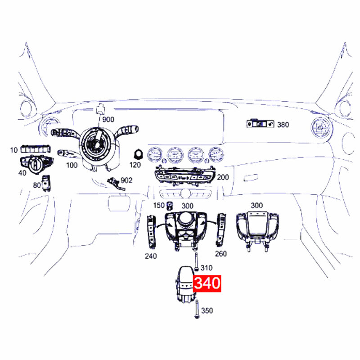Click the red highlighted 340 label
click(x=207, y=283)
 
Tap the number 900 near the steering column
click(x=108, y=120)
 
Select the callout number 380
click(x=283, y=125)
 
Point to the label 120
click(x=135, y=165)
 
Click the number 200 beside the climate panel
click(x=223, y=177)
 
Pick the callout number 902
click(x=126, y=180)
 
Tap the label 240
click(x=151, y=256)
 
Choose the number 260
click(x=220, y=254)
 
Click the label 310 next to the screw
click(x=207, y=268)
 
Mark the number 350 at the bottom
click(x=207, y=310)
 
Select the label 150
click(x=159, y=205)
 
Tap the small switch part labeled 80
click(x=46, y=183)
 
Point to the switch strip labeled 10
click(x=36, y=149)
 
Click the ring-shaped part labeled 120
click(x=139, y=154)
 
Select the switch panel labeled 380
click(x=261, y=124)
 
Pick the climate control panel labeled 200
click(x=185, y=175)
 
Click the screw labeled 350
click(x=197, y=309)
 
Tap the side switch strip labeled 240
click(x=151, y=231)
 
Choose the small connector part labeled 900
click(x=100, y=109)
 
